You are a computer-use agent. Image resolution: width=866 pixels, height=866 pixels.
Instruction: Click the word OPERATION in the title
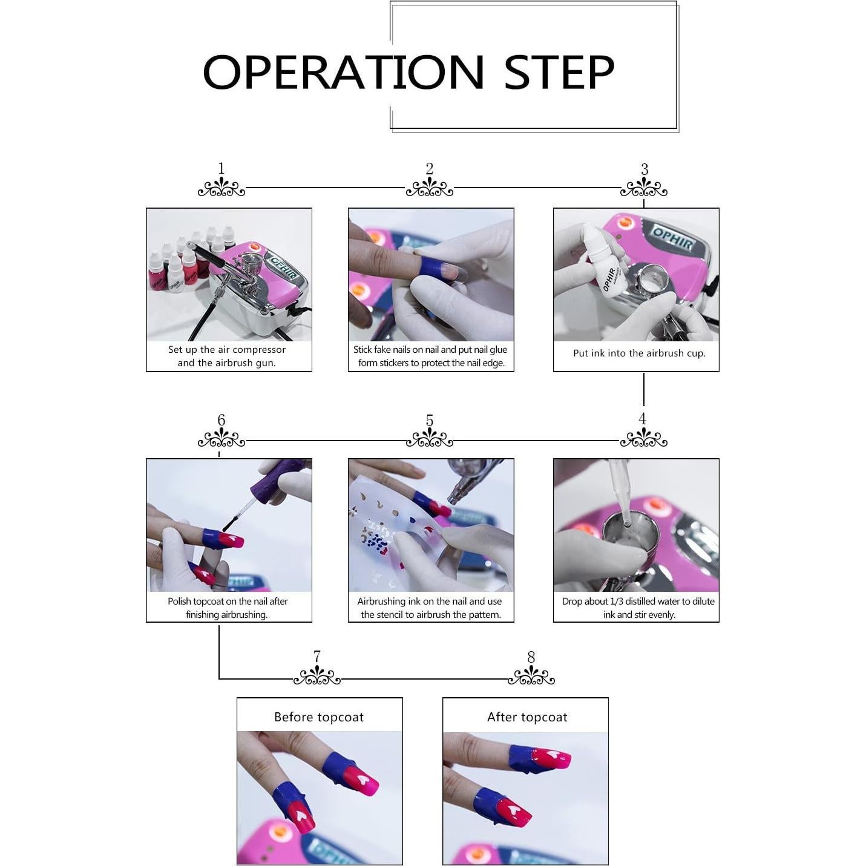coord(343,72)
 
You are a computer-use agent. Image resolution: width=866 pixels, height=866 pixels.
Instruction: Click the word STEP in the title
coord(559,72)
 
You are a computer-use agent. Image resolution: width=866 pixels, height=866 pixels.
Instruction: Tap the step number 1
coord(221,168)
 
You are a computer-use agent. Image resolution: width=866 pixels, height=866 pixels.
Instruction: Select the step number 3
coord(644,169)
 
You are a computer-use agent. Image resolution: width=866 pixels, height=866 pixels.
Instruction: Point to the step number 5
coord(429,420)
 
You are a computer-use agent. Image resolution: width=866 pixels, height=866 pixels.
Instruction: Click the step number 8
coord(531,657)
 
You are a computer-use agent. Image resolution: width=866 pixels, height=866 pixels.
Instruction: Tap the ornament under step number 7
coord(317,677)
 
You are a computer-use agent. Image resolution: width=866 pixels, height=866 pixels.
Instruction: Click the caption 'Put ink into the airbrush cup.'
coord(639,353)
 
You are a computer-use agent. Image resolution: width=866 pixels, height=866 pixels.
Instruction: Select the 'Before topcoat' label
coord(319,717)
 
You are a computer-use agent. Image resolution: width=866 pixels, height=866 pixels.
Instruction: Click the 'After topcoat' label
coord(527,717)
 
